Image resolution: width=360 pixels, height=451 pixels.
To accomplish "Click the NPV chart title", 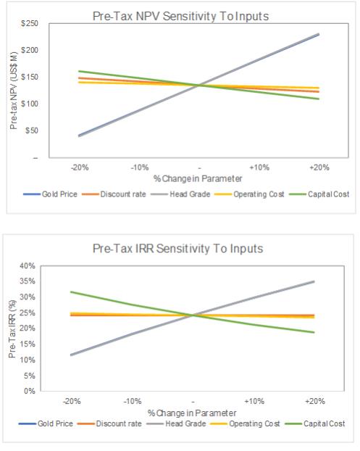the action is click(x=180, y=16).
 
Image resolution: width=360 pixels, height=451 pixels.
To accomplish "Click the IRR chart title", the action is click(x=178, y=249).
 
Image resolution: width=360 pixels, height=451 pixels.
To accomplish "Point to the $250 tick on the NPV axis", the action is click(x=29, y=23).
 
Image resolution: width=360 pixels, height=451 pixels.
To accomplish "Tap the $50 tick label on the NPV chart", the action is click(x=32, y=131).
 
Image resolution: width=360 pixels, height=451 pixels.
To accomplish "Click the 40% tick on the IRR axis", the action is click(x=28, y=266).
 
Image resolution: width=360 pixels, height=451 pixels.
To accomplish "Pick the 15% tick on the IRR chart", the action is click(x=28, y=344).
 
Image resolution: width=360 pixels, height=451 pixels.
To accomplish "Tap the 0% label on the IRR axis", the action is click(x=30, y=391).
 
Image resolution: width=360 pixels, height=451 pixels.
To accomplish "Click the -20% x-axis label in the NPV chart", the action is click(x=80, y=167).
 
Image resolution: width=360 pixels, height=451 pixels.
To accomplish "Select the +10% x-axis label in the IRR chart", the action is click(x=254, y=401).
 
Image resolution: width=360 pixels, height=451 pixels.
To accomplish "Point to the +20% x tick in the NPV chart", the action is click(x=319, y=167).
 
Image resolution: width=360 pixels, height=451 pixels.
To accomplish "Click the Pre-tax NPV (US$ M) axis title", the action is click(x=14, y=91).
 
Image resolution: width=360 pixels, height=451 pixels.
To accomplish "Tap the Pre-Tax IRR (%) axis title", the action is click(x=12, y=328).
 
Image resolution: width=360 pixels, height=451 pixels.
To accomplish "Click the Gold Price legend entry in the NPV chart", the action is click(x=51, y=194).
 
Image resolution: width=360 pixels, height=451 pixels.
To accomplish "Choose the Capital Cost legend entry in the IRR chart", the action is click(x=315, y=423).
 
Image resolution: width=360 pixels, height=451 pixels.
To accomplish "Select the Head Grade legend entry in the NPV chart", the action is click(x=180, y=194).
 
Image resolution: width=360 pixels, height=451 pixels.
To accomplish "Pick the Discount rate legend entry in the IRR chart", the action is click(x=109, y=423).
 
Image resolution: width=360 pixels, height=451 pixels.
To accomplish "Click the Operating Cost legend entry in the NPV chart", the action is click(x=249, y=194).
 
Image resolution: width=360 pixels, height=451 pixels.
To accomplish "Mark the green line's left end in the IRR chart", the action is click(x=71, y=292).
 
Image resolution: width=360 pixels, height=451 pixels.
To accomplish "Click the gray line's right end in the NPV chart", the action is click(x=319, y=35).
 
